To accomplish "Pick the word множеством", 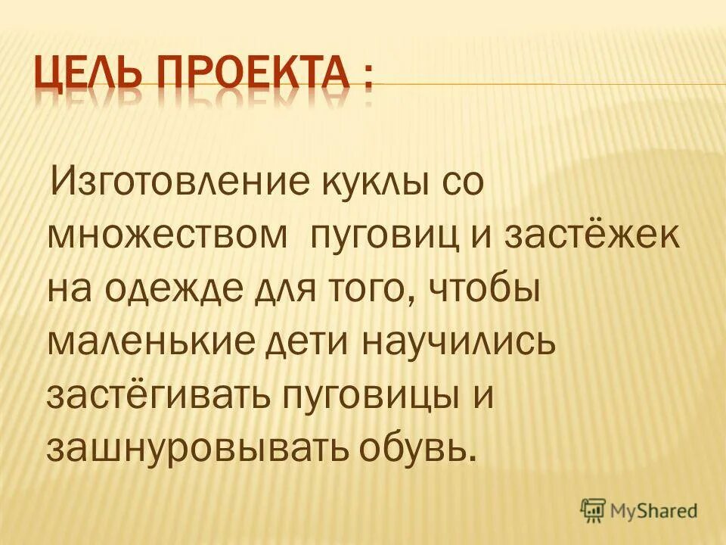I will pos(167,235).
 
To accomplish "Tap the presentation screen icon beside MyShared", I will pos(594,511).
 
